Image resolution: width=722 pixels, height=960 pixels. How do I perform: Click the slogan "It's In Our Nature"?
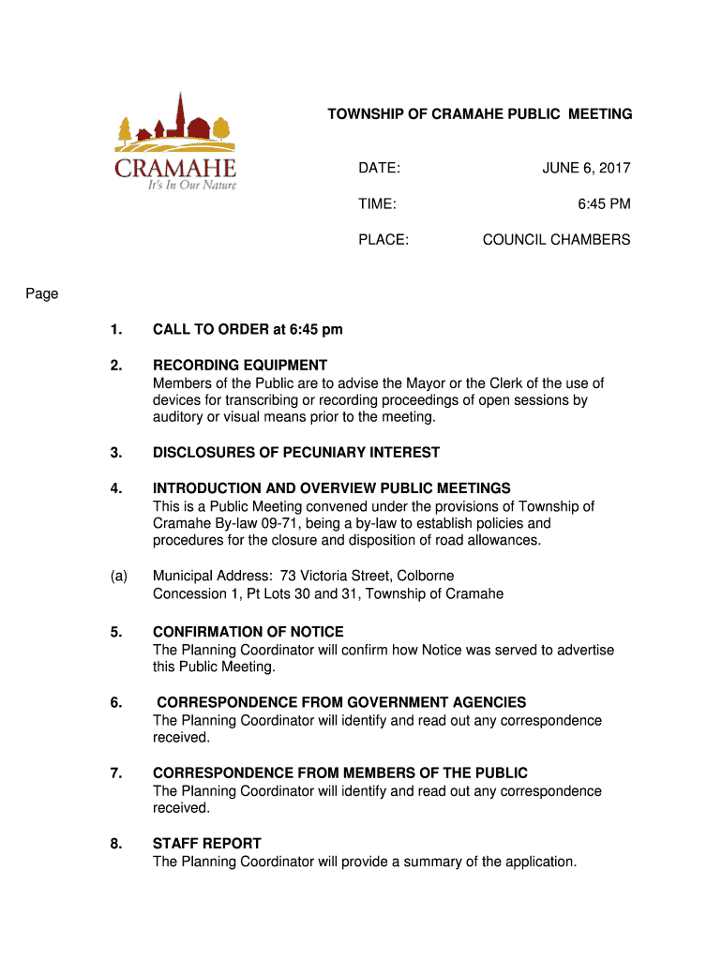[x=191, y=185]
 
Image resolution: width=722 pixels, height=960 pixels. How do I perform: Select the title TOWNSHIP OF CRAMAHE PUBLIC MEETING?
[x=479, y=114]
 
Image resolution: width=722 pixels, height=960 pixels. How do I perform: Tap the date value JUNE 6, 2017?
[x=586, y=169]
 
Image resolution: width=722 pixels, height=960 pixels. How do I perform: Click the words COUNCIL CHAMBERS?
[x=556, y=240]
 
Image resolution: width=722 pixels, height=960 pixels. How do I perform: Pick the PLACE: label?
[x=383, y=240]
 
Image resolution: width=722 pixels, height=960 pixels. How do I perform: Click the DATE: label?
[x=379, y=169]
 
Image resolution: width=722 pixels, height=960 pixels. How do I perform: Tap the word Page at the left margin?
[x=42, y=294]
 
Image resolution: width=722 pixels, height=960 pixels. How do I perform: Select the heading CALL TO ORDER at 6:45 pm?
[x=248, y=330]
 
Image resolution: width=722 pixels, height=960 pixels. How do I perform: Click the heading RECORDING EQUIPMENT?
[x=240, y=366]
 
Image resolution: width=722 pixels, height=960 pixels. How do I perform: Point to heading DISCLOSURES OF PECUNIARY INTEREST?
[x=296, y=453]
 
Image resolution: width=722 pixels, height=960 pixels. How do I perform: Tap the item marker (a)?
[x=117, y=576]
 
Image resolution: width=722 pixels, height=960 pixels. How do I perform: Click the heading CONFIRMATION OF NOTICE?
[x=248, y=632]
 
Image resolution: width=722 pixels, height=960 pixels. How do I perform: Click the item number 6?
[x=115, y=703]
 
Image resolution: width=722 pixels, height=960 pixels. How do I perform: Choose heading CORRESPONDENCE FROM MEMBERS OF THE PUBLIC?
[x=340, y=773]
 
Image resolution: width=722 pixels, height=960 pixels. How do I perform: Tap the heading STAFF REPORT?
[x=207, y=844]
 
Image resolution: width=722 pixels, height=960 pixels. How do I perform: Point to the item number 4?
[x=115, y=488]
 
